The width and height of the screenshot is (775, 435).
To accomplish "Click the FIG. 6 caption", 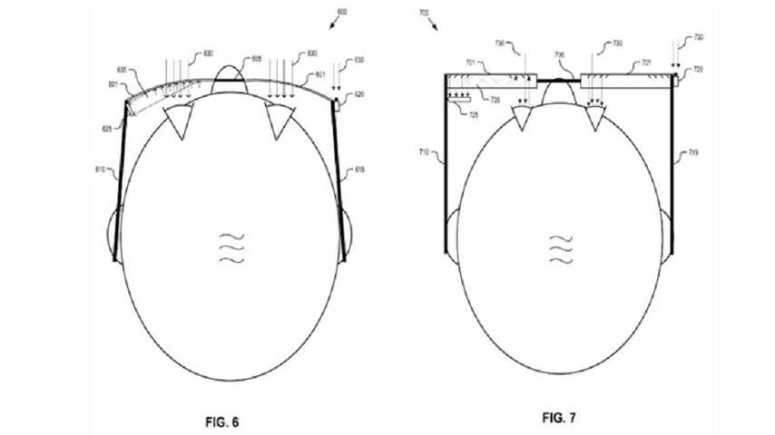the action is click(x=223, y=421).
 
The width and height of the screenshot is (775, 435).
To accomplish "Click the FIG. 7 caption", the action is click(x=559, y=418).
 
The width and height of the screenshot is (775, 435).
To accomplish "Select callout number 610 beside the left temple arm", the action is click(x=101, y=169).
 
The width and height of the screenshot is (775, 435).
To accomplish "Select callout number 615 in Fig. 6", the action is click(x=360, y=169).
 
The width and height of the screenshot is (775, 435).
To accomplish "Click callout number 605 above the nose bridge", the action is click(x=257, y=58).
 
